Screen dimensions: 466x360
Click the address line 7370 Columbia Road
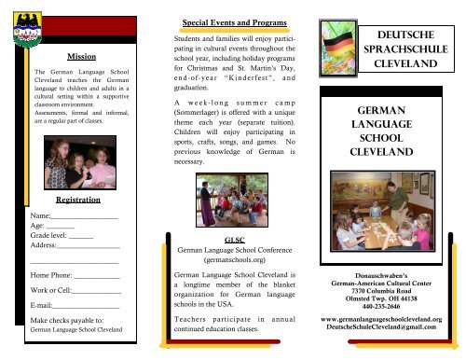(386, 284)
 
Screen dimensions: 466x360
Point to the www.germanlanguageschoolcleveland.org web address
(386, 319)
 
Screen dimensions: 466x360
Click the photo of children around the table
(386, 215)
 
